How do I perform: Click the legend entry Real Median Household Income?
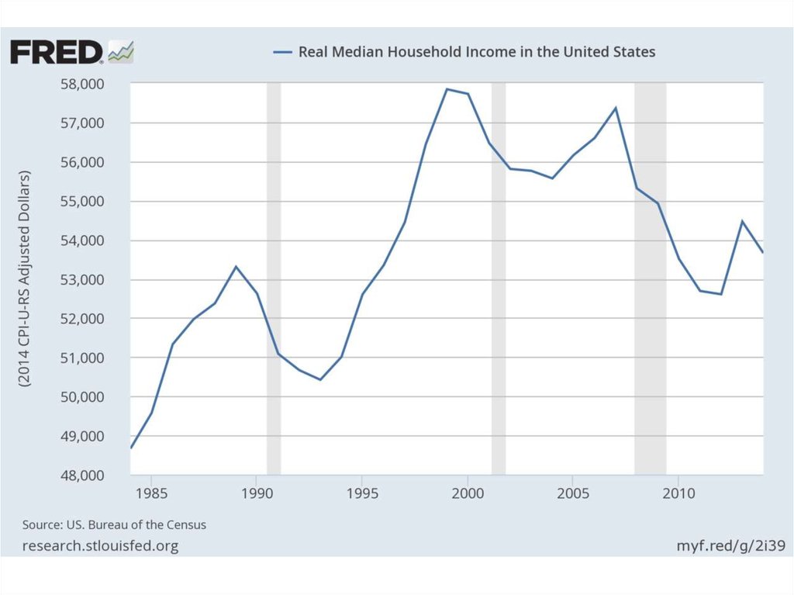(464, 52)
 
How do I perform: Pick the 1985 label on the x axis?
(152, 493)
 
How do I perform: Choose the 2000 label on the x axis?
(468, 493)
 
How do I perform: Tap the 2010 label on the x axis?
(678, 493)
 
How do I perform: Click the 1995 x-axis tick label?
(362, 493)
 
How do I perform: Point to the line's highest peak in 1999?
(447, 89)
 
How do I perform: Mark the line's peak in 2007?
(616, 108)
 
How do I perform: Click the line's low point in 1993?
(320, 379)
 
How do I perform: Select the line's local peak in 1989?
(236, 266)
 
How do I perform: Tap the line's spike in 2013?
(742, 221)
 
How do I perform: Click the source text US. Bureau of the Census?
(114, 525)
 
